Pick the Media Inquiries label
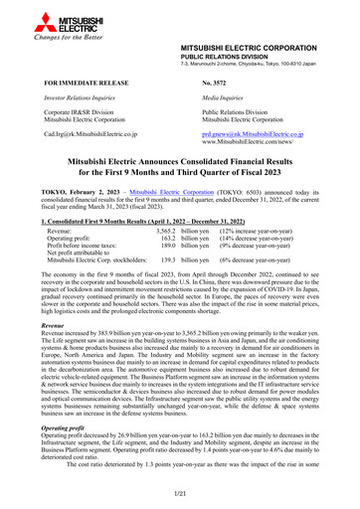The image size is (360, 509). coord(223,100)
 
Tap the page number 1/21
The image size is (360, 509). coord(180,493)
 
